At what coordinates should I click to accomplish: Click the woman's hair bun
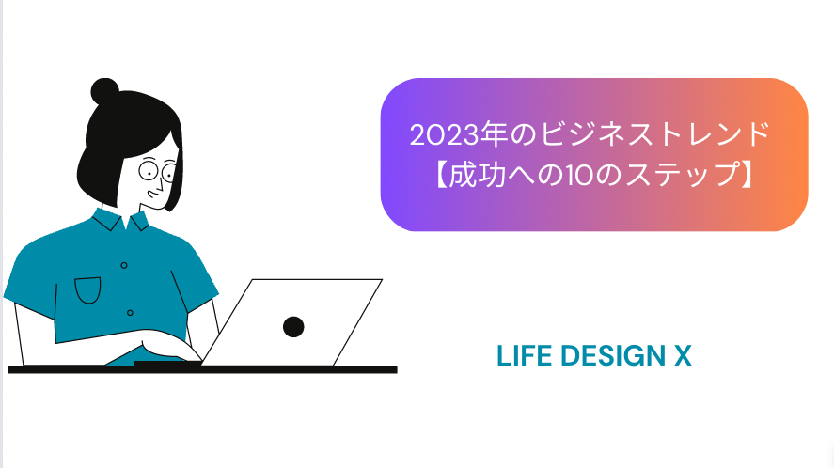104,91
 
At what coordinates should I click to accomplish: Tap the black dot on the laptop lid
293,326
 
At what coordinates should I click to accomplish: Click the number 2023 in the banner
444,134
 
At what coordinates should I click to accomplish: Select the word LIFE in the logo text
524,356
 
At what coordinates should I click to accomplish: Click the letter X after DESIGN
683,356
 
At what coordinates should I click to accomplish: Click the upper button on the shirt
124,265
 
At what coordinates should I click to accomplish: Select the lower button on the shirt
130,313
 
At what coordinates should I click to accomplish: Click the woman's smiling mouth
152,194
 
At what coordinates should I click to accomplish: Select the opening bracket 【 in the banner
441,175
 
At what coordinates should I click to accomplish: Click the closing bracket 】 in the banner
747,175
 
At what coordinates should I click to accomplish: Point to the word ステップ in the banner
682,175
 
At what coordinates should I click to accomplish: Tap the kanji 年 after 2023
494,134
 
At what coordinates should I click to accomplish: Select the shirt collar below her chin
121,219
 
